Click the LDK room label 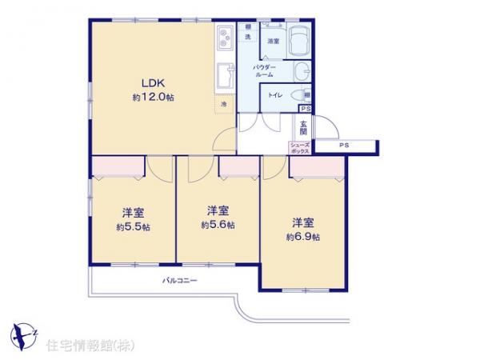[x=153, y=82]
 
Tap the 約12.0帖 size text [x=153, y=98]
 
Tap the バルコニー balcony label [x=179, y=282]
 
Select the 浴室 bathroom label [x=273, y=40]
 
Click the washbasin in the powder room [x=301, y=73]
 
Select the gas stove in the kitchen [x=224, y=37]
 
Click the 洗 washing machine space [x=248, y=38]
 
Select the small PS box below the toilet [x=305, y=108]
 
